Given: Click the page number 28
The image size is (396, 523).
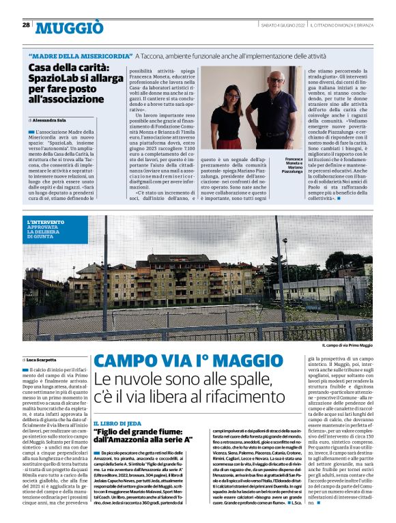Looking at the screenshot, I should pyautogui.click(x=25, y=25).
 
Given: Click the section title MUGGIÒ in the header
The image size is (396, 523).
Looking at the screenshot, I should pyautogui.click(x=69, y=27).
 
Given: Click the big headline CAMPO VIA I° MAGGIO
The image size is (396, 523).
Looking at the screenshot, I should pyautogui.click(x=188, y=361).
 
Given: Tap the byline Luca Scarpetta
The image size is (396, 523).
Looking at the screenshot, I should pyautogui.click(x=42, y=359).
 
